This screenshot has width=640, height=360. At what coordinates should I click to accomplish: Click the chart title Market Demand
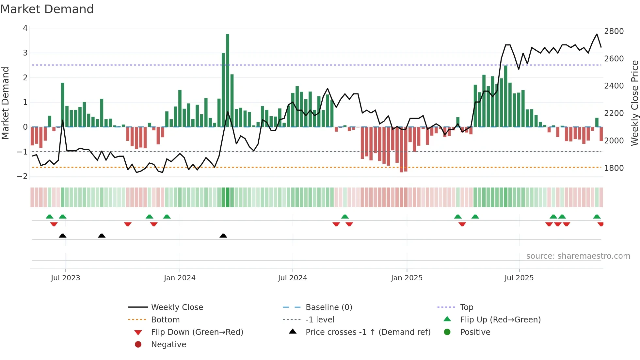point(47,9)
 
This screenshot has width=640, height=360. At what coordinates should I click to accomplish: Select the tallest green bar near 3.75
point(228,80)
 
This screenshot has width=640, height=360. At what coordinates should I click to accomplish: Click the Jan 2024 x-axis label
point(180,278)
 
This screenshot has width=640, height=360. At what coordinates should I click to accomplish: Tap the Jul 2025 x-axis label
point(519,278)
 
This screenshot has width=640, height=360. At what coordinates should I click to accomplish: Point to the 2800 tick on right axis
point(614,31)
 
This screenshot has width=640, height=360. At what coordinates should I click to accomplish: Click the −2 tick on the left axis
point(23,176)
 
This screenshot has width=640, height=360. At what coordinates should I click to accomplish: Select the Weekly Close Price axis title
point(634,103)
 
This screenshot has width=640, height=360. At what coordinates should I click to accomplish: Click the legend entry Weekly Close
point(177,307)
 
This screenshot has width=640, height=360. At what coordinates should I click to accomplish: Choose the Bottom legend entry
point(165,320)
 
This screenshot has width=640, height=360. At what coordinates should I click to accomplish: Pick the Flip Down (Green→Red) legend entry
point(197,332)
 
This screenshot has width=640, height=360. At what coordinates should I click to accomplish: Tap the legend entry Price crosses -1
point(368,332)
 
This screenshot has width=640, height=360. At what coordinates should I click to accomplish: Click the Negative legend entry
point(168,345)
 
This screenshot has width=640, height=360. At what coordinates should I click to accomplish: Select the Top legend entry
point(466,307)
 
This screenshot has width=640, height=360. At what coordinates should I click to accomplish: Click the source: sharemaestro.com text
point(578,256)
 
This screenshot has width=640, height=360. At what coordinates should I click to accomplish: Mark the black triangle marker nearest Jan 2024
point(223,236)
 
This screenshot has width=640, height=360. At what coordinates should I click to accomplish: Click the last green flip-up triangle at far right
point(597,217)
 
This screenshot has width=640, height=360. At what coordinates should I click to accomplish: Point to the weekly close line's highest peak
point(597,34)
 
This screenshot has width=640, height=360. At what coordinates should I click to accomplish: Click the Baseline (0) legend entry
point(328,307)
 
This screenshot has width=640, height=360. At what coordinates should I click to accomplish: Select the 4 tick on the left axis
point(25,28)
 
